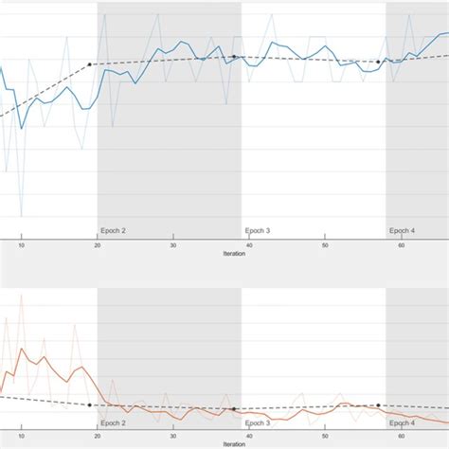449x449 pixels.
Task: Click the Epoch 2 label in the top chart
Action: [113, 230]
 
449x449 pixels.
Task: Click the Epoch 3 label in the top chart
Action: [258, 230]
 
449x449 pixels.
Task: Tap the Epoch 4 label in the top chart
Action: [402, 230]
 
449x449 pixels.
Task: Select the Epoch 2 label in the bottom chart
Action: [113, 422]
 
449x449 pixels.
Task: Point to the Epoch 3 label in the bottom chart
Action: [258, 422]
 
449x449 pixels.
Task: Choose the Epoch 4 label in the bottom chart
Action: [402, 422]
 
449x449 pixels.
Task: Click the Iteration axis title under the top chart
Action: [232, 253]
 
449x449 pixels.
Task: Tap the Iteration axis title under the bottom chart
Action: [232, 444]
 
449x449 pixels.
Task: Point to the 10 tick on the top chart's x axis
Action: [21, 244]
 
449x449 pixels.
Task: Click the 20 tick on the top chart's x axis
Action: [97, 244]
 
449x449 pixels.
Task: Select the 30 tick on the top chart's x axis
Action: [173, 244]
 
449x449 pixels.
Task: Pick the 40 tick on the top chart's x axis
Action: [249, 244]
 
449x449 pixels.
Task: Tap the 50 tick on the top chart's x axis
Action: [325, 244]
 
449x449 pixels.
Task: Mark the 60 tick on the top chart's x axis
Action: [402, 244]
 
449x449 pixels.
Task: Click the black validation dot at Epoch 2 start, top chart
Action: [90, 64]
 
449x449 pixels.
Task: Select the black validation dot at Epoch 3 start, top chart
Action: [234, 57]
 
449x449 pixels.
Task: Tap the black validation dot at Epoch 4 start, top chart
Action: [378, 62]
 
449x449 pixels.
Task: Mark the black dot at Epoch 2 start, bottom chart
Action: [90, 404]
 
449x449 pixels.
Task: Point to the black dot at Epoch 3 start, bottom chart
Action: [234, 409]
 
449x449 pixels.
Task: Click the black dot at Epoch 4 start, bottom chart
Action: [378, 404]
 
